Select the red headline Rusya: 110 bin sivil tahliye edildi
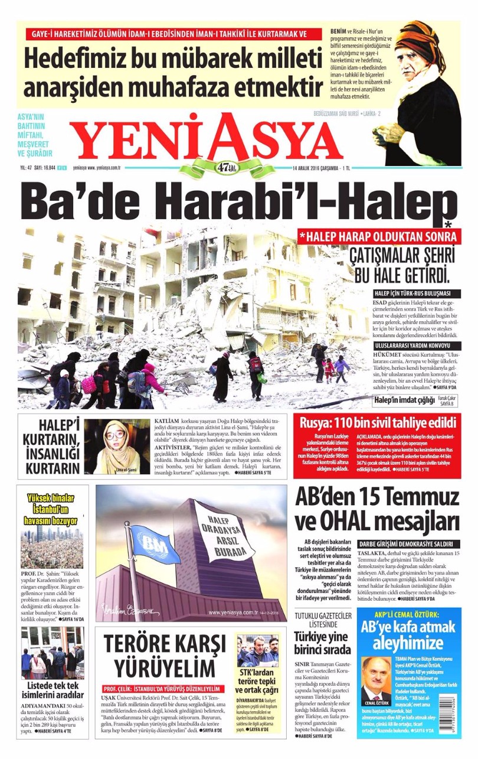click(378, 423)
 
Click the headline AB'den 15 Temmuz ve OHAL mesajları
click(378, 510)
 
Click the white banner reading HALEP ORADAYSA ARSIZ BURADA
click(225, 535)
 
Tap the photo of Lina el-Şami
click(116, 447)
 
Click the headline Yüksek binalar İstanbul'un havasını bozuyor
click(51, 509)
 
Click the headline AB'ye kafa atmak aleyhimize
click(410, 634)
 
